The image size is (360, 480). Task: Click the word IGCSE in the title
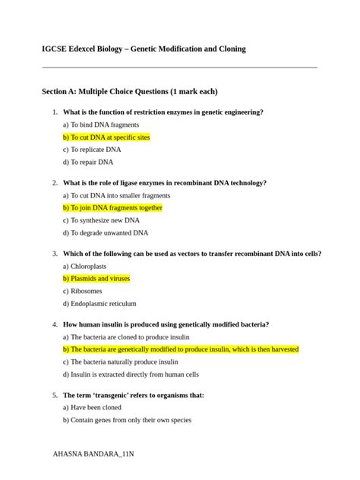55,49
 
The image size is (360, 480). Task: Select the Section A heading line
129,92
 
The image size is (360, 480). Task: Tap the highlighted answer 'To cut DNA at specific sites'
106,137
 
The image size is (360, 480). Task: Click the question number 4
55,324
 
